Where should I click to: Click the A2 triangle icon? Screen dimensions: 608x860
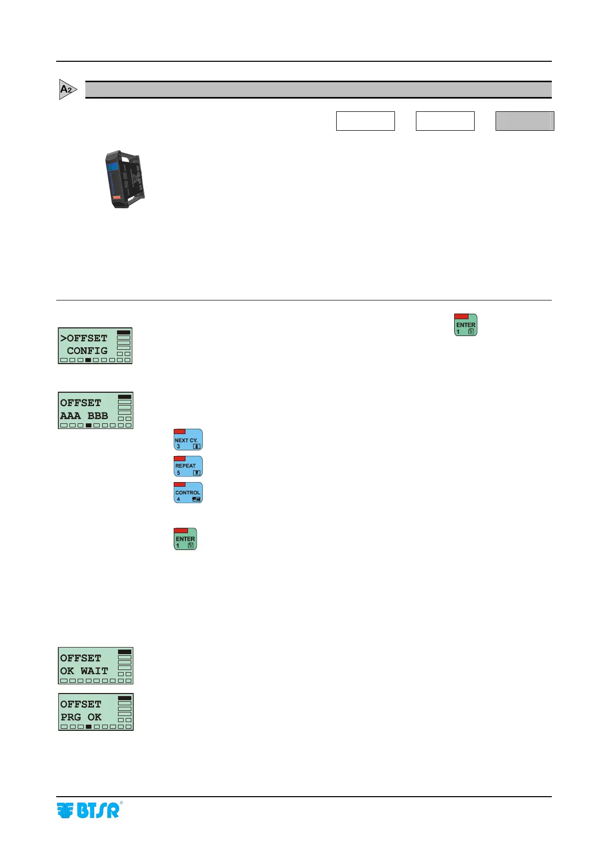click(67, 89)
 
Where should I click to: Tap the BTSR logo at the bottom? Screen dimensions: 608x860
click(88, 810)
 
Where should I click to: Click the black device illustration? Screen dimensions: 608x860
click(125, 179)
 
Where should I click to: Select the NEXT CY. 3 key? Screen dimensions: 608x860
click(188, 440)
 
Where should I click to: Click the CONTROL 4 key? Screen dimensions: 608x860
click(188, 493)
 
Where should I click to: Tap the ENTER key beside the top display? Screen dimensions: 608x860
click(465, 325)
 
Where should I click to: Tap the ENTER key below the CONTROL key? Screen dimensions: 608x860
click(185, 539)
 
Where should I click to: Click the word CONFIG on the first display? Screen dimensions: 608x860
click(87, 351)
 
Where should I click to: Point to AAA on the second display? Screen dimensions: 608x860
click(71, 416)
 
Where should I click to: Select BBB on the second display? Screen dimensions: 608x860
click(98, 416)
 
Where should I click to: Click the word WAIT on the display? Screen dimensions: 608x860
click(94, 671)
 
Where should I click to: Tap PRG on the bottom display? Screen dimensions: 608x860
click(71, 717)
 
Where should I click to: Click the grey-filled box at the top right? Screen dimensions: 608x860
click(524, 121)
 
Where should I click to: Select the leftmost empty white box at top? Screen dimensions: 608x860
click(365, 121)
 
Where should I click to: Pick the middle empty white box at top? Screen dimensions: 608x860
click(445, 121)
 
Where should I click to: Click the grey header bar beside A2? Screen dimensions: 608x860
click(318, 90)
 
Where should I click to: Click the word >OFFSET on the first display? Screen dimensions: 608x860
click(84, 338)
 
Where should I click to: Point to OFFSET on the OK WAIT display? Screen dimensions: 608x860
click(81, 658)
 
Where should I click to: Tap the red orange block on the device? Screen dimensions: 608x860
click(116, 197)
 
